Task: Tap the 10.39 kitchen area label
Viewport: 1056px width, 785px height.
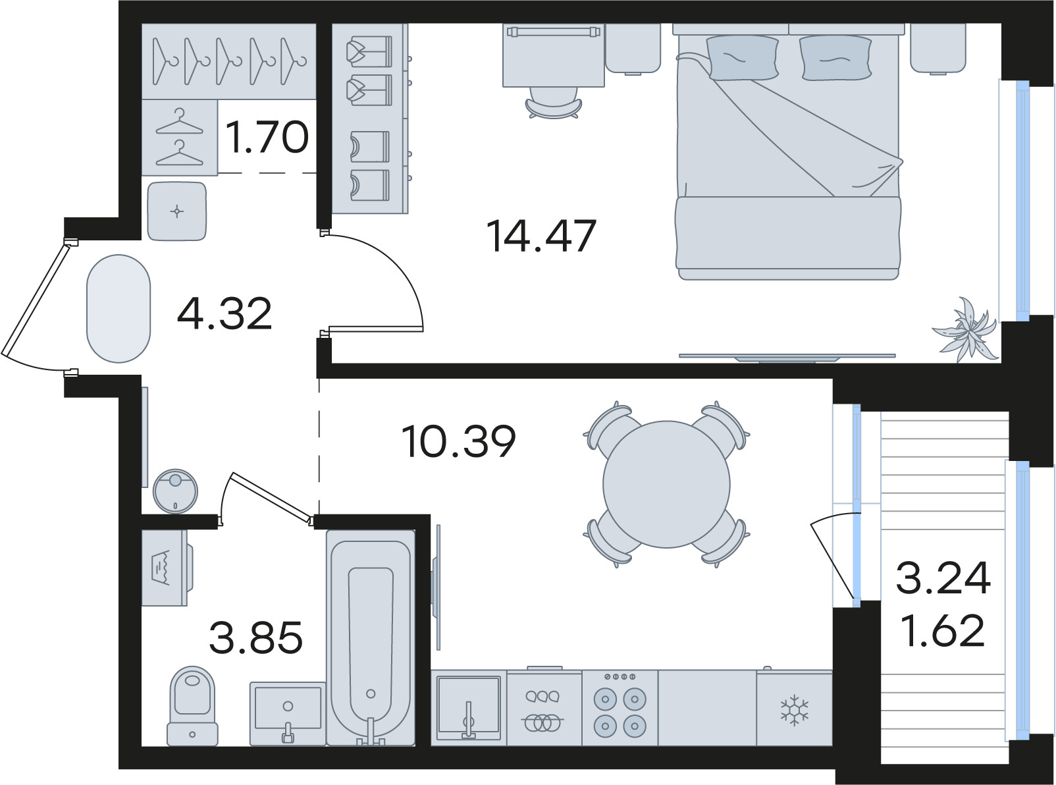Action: tap(458, 441)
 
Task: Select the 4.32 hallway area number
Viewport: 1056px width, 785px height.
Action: tap(224, 313)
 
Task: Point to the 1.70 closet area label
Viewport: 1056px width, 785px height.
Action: tap(267, 137)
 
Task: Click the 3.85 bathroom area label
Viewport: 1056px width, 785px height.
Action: tap(255, 637)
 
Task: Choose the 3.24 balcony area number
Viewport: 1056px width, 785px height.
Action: tap(943, 578)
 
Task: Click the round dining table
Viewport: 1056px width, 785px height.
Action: tap(666, 484)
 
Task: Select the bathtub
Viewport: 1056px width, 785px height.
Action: tap(371, 637)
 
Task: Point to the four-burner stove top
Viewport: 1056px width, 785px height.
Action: tap(620, 708)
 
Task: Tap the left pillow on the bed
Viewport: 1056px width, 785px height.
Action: tap(742, 58)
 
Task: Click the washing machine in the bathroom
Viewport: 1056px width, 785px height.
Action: tap(167, 568)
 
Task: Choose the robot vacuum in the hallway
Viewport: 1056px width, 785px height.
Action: tap(175, 491)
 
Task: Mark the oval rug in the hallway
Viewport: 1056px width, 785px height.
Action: tap(119, 308)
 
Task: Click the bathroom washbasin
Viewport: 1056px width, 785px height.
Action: tap(288, 713)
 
